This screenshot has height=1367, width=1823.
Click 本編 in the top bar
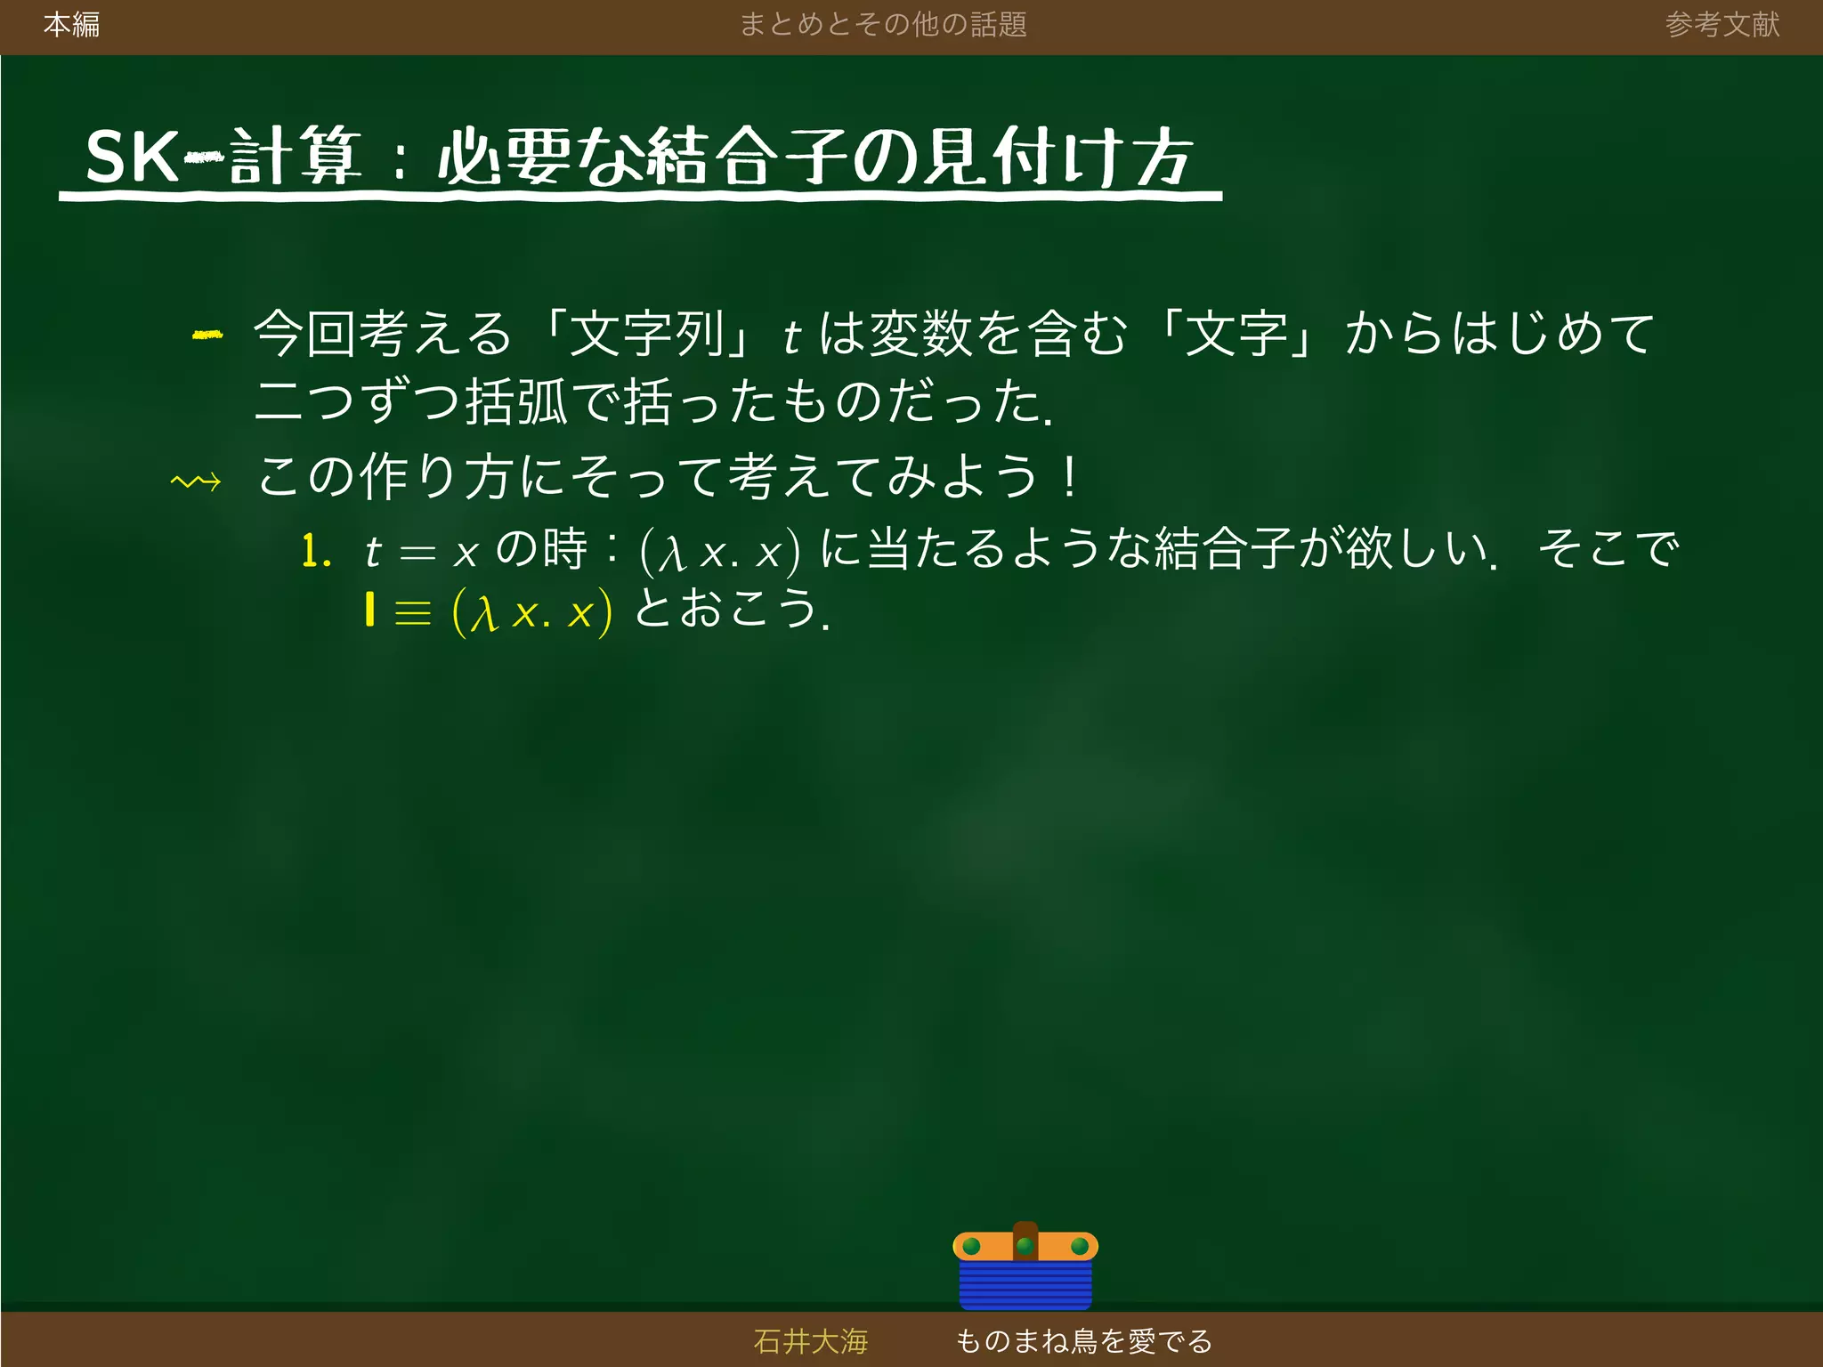coord(71,25)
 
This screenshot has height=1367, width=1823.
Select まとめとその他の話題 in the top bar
coord(883,25)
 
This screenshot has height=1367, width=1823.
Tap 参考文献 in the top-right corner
coord(1722,25)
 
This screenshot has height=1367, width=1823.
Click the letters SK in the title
coord(132,158)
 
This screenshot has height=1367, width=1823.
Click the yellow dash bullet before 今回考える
coord(207,335)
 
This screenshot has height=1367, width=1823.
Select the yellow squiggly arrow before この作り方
coord(196,481)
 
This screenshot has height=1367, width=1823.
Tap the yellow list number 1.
coord(316,552)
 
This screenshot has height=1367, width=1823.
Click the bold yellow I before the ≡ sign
coord(369,611)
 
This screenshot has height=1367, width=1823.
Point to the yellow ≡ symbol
coord(412,613)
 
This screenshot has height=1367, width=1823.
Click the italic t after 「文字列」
coord(791,336)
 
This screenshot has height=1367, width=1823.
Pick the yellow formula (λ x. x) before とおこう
coord(532,612)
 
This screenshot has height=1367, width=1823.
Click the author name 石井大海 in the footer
coord(810,1340)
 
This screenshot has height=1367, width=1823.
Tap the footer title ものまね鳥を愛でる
coord(1083,1340)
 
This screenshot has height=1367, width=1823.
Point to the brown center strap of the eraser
coord(1025,1240)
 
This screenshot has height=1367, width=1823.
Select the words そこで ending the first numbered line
coord(1608,548)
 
